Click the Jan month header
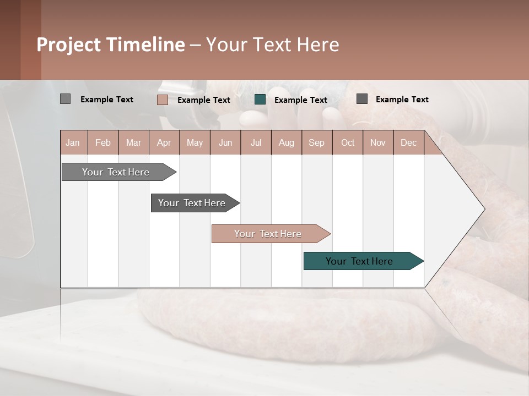pos(73,143)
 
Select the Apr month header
pos(164,143)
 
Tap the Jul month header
pos(256,143)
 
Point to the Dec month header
pos(408,143)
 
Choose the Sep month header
pos(316,143)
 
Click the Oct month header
pos(348,143)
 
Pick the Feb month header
pos(103,143)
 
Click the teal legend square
pos(260,100)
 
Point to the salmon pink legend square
pos(162,100)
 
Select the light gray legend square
pos(65,99)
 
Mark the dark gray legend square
pos(362,99)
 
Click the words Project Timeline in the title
pos(110,45)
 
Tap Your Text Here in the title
pos(272,45)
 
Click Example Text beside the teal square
pos(301,100)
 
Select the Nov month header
pos(378,143)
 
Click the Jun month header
pos(225,143)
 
